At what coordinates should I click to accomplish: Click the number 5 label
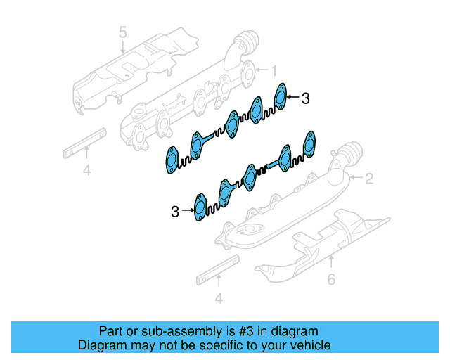[x=122, y=32]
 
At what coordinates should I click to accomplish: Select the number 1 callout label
[x=274, y=70]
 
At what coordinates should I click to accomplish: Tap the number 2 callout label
[x=368, y=179]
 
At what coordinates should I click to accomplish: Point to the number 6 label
[x=331, y=280]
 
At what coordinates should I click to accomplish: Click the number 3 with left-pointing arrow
[x=304, y=99]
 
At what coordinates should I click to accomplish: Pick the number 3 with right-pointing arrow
[x=175, y=210]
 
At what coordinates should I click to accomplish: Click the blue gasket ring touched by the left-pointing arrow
[x=281, y=96]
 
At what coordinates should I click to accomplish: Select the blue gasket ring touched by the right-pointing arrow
[x=200, y=209]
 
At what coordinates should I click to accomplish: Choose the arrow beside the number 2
[x=354, y=179]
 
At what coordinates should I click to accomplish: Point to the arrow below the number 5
[x=122, y=48]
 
